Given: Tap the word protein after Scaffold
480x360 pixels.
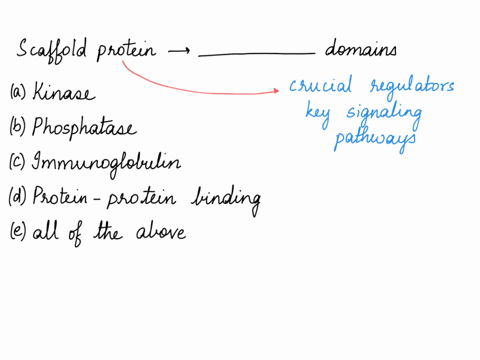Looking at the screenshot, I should pyautogui.click(x=126, y=51).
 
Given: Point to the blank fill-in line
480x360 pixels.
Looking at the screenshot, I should pyautogui.click(x=256, y=56).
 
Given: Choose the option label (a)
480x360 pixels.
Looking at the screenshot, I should pyautogui.click(x=17, y=94).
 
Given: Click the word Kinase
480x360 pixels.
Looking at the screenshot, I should pyautogui.click(x=64, y=94).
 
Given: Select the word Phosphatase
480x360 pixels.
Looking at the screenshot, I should pyautogui.click(x=84, y=129).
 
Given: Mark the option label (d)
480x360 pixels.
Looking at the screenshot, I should pyautogui.click(x=17, y=198).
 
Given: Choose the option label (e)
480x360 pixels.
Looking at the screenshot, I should pyautogui.click(x=17, y=232).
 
